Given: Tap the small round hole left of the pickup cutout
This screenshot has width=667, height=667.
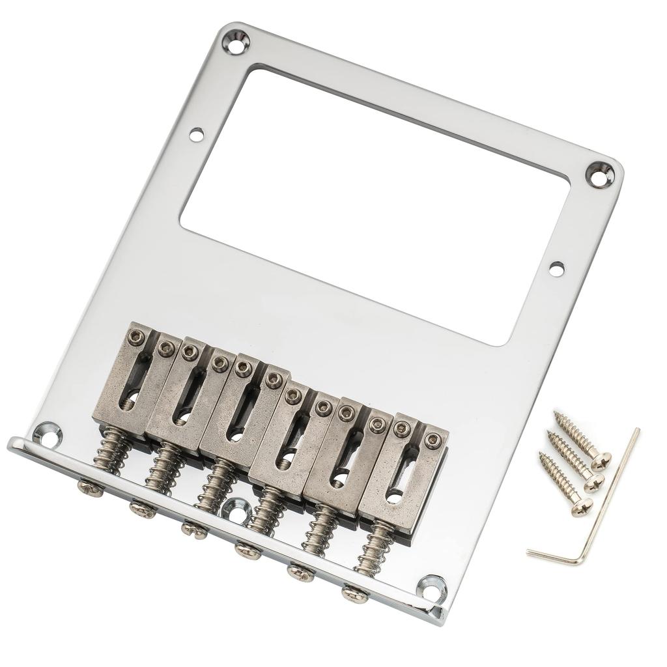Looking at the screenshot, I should tap(196, 134).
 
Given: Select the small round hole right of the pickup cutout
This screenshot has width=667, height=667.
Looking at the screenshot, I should tap(556, 268).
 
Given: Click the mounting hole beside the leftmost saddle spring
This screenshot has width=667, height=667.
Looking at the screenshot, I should tap(48, 434).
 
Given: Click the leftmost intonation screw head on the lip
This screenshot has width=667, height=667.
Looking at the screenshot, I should tap(89, 487).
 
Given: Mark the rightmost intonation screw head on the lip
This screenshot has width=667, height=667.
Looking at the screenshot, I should tap(354, 594).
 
